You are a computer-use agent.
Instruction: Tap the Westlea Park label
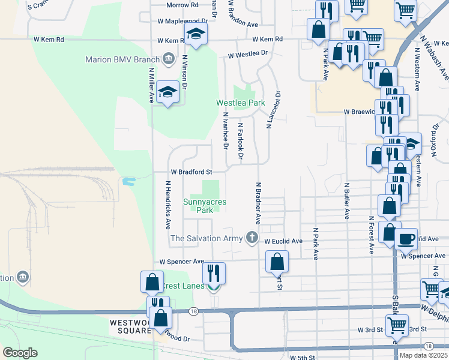tap(241, 103)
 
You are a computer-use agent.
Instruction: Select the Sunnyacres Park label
tap(205, 206)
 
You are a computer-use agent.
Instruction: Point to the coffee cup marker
tap(406, 238)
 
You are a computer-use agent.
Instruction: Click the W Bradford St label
tap(191, 171)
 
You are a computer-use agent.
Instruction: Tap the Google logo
tap(20, 352)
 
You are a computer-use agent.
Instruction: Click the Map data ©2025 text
tap(424, 355)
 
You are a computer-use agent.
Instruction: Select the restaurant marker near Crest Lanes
tap(214, 273)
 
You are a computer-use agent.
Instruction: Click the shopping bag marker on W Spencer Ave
tap(277, 261)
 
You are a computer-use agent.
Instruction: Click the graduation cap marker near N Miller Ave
tap(168, 92)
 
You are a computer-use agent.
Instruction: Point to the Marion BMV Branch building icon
tap(169, 59)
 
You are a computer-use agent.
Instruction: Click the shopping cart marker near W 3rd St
tap(396, 326)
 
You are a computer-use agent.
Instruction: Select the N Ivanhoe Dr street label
tap(226, 130)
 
